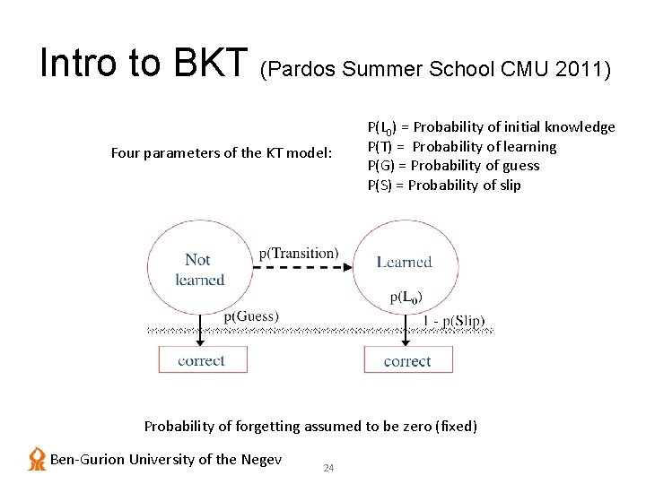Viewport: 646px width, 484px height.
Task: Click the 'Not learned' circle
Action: point(199,269)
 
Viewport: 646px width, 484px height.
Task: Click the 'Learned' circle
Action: point(406,269)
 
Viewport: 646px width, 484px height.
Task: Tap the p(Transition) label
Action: point(299,254)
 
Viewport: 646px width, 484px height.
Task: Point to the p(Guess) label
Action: point(251,315)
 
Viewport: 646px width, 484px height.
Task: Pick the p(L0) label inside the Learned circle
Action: point(406,297)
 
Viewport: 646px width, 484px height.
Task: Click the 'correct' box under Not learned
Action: point(201,360)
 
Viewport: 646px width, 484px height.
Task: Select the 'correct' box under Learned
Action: point(406,360)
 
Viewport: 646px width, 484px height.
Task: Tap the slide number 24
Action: point(328,468)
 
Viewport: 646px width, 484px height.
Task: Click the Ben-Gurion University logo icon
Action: point(37,459)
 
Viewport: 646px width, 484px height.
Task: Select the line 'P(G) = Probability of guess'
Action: point(453,166)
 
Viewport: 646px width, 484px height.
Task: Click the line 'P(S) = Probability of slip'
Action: point(443,186)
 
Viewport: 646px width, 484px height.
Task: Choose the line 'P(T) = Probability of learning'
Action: point(461,146)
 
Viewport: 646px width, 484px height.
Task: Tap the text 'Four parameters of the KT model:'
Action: point(221,152)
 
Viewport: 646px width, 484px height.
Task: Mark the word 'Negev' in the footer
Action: point(261,460)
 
